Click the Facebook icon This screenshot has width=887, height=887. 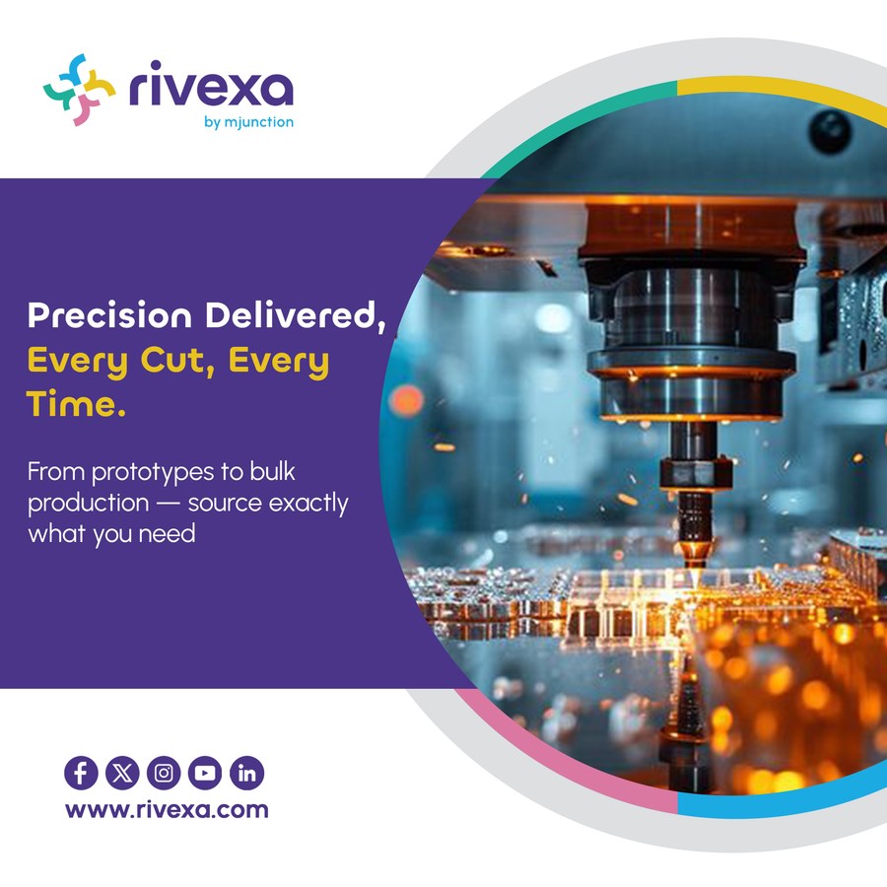[81, 773]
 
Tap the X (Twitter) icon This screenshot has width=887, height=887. [122, 773]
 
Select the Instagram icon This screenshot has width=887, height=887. [164, 773]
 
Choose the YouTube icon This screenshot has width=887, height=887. [205, 773]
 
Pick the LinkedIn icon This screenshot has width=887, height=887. [246, 773]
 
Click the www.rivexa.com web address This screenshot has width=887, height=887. [167, 810]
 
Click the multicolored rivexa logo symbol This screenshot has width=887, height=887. [79, 90]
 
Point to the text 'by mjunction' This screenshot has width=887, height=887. [249, 122]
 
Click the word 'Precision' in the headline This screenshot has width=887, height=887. [109, 314]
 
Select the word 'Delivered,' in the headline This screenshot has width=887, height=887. [296, 315]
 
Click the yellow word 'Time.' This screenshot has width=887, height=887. [76, 403]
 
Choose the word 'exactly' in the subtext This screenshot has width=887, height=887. [308, 504]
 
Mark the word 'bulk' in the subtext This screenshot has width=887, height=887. [273, 471]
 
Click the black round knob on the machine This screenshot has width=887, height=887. [830, 132]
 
